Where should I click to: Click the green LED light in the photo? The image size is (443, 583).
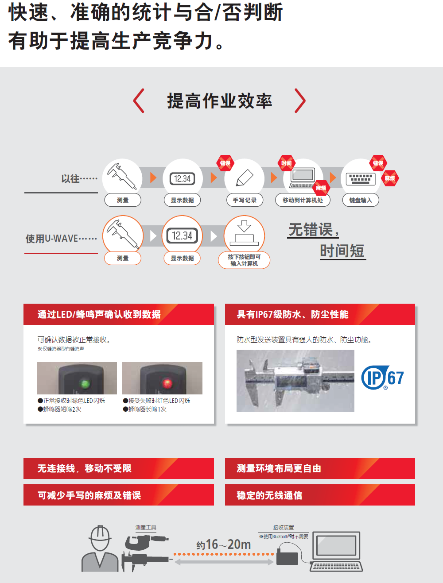coord(85,383)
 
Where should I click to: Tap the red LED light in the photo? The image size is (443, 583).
coord(167,383)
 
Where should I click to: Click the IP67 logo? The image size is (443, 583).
coord(382,378)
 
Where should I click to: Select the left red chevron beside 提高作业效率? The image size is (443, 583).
coord(139,100)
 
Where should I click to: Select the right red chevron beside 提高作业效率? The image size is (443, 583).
coord(300,100)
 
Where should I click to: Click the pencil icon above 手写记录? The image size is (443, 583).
coord(245,178)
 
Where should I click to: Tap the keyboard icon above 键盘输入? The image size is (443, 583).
coord(360,179)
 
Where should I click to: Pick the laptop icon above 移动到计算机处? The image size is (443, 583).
coord(303,178)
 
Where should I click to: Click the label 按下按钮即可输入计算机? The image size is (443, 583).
coord(244,260)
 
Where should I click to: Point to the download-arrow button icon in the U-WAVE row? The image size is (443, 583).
coord(244,233)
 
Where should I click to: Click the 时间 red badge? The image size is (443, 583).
coord(286,163)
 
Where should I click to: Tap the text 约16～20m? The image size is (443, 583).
coord(223,544)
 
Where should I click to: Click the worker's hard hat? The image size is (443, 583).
coord(100,533)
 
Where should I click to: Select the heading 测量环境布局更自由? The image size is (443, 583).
coord(279,468)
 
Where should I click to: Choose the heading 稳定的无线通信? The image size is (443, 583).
coord(269,495)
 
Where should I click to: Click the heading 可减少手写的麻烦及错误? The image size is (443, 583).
coord(89,495)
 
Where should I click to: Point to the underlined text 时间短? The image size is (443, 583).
coord(342,251)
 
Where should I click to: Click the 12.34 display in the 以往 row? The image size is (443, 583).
coord(183,179)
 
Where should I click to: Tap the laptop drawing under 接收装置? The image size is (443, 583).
coord(336,551)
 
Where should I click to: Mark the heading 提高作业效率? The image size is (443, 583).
coord(220,101)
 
